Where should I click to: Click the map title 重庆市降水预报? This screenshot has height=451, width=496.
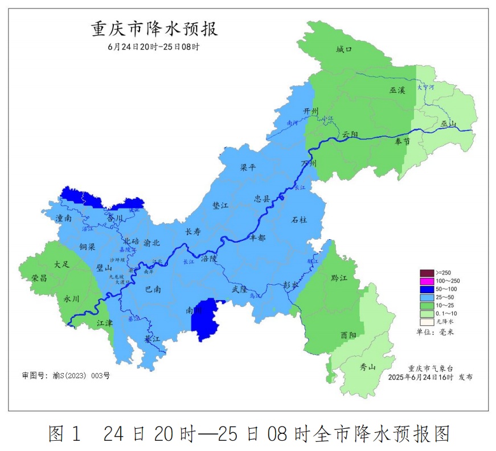(154, 29)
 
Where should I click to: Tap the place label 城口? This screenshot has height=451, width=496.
(344, 50)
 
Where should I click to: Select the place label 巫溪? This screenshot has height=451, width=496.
(397, 91)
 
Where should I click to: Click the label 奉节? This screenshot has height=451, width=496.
(402, 142)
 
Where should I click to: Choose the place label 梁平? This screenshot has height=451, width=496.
(248, 168)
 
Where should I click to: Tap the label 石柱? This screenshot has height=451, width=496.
(299, 219)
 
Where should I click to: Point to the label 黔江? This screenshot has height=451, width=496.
(339, 278)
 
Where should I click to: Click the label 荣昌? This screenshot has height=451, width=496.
(40, 278)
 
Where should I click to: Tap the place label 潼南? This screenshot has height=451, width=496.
(64, 218)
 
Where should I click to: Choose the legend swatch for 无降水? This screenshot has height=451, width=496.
(427, 322)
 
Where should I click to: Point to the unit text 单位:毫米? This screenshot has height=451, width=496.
(432, 332)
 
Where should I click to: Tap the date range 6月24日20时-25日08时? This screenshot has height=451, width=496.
(153, 47)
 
